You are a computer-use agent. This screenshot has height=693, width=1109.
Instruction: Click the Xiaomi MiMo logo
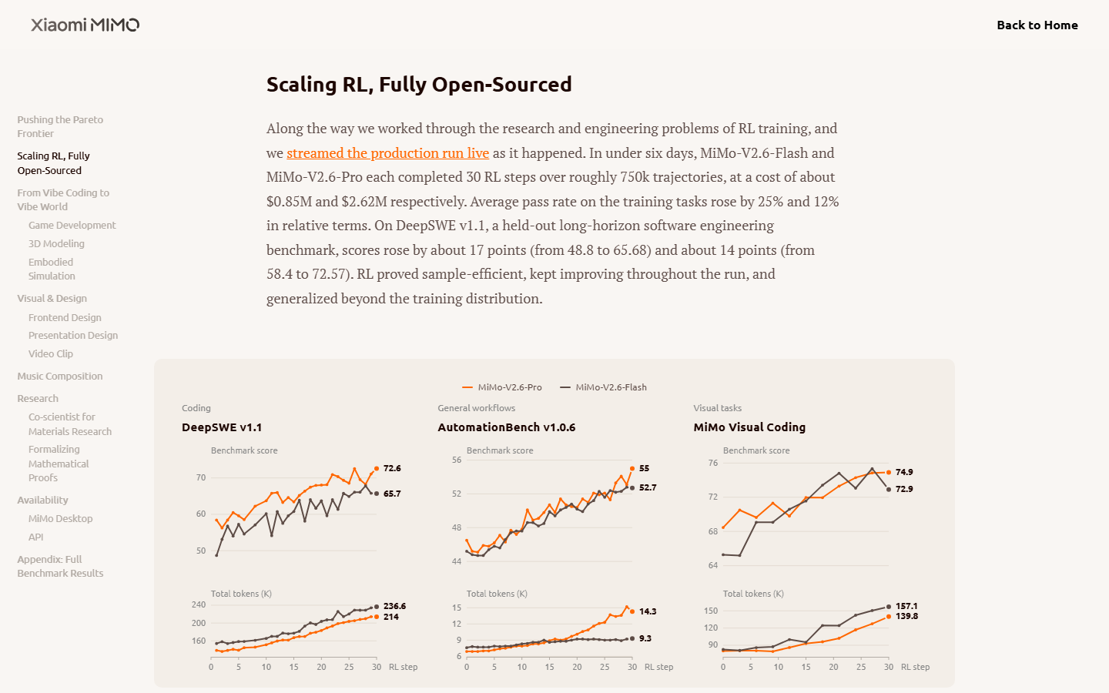tap(85, 25)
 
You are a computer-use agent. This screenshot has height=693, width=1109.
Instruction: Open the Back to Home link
tap(1037, 25)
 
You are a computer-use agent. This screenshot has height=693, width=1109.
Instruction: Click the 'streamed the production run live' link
tap(387, 153)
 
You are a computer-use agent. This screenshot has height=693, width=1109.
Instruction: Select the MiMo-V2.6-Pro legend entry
tap(502, 387)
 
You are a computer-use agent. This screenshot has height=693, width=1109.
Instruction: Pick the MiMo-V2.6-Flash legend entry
tap(603, 387)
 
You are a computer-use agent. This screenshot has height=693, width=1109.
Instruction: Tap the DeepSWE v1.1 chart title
tap(222, 427)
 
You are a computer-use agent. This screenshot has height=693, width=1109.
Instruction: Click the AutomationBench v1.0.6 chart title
tap(507, 427)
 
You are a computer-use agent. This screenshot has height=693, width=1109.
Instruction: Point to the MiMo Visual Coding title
tap(749, 427)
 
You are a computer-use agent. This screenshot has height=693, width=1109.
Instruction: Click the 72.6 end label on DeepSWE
tap(392, 468)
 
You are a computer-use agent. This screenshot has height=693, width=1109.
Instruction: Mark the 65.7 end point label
tap(392, 494)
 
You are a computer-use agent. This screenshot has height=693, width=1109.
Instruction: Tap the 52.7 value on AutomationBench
tap(648, 487)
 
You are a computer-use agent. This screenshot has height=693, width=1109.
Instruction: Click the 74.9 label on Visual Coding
tap(904, 472)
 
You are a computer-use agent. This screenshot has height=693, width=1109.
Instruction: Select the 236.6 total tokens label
tap(394, 606)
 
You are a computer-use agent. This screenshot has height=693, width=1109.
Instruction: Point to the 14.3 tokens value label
tap(648, 611)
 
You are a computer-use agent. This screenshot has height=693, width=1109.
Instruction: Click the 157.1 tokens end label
tap(906, 606)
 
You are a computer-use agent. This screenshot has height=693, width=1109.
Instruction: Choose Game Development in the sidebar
tap(72, 225)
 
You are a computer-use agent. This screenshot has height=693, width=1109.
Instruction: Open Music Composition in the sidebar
tap(60, 377)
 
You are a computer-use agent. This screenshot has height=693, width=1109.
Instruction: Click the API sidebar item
tap(35, 537)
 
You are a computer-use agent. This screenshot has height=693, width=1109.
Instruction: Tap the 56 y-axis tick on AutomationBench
tap(457, 460)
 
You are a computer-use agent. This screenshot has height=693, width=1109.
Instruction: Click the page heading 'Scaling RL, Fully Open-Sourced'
tap(419, 84)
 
